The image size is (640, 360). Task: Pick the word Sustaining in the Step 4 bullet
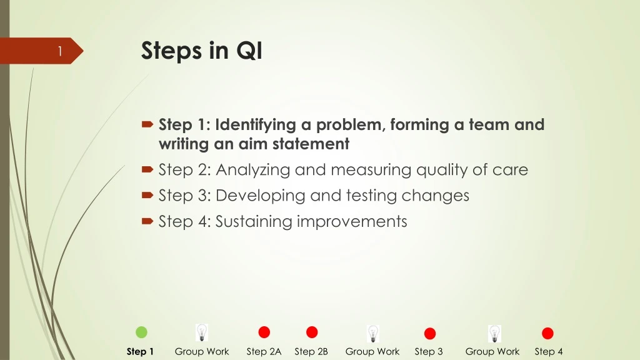coord(254,221)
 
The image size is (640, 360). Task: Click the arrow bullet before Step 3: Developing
coord(147,196)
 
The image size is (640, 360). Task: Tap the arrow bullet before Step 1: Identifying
coord(147,126)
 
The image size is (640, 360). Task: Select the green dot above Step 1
coord(141,332)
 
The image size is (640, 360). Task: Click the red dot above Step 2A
coord(264,332)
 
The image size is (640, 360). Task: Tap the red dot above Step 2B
coord(312,332)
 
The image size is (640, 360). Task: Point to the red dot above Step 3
coord(429,334)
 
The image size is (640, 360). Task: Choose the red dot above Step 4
coord(547,334)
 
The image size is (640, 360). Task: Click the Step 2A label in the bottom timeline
coord(264,352)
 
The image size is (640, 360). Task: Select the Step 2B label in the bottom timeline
coord(311,352)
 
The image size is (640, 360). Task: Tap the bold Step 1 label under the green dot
coord(140,352)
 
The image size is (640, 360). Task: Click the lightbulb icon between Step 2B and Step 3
coord(372,333)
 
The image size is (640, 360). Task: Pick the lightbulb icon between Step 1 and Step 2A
coord(201,332)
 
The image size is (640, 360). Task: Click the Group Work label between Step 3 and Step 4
coord(492,352)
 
